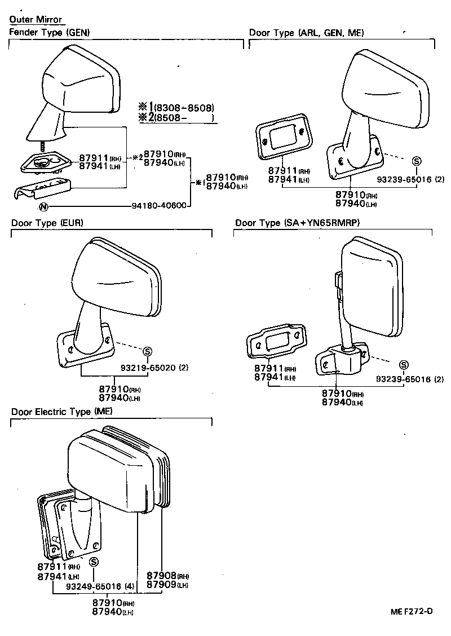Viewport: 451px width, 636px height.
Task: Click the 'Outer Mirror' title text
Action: [x=36, y=20]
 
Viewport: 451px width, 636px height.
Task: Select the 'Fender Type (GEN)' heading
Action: [x=50, y=33]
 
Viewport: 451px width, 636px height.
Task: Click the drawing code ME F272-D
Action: [x=412, y=611]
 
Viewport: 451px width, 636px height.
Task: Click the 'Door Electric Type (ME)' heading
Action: [x=62, y=412]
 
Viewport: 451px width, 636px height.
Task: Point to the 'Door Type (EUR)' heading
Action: [x=47, y=223]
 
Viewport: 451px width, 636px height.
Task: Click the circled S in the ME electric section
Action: [x=94, y=562]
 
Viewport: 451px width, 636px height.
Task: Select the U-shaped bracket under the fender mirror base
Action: [x=42, y=188]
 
